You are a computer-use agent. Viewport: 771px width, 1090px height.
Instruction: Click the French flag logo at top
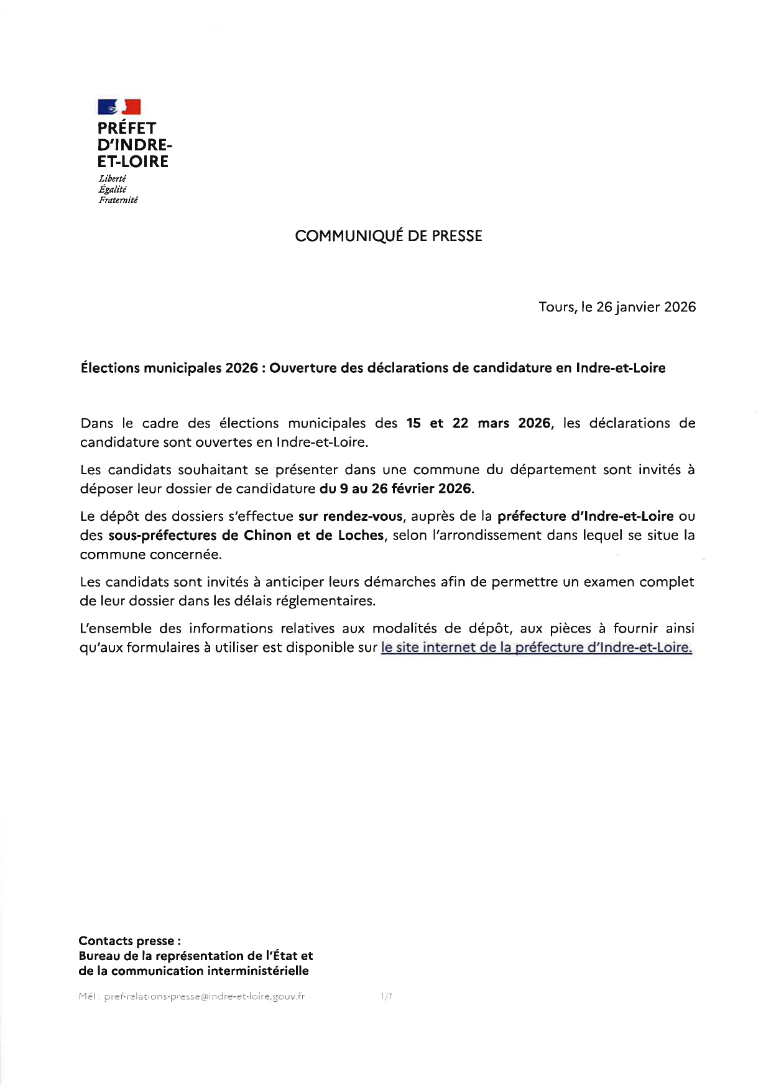coord(119,107)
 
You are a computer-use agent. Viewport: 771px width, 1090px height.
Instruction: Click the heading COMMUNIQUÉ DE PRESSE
coord(388,236)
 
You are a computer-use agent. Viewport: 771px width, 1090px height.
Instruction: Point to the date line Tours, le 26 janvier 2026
coord(617,307)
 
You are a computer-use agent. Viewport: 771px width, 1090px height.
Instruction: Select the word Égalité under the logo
coord(113,190)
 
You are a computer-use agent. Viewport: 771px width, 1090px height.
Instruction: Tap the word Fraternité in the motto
coord(118,200)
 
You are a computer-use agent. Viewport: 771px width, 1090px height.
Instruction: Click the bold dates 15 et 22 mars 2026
coord(478,423)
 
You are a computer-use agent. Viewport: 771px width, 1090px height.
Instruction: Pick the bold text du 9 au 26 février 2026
coord(395,488)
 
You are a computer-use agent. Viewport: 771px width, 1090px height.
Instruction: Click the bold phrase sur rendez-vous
coord(351,516)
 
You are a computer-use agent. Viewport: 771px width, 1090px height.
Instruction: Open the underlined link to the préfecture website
coord(536,648)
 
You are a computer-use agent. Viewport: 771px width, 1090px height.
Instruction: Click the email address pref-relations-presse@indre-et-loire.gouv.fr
coord(205,997)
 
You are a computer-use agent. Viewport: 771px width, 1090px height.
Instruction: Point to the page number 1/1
coord(386,997)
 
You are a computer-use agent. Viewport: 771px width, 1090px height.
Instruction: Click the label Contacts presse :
coord(130,941)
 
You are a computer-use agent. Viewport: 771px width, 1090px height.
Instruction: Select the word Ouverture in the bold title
coord(303,368)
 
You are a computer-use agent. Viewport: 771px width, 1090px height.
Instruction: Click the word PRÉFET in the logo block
coord(127,128)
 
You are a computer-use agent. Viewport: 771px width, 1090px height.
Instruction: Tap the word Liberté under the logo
coord(113,179)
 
